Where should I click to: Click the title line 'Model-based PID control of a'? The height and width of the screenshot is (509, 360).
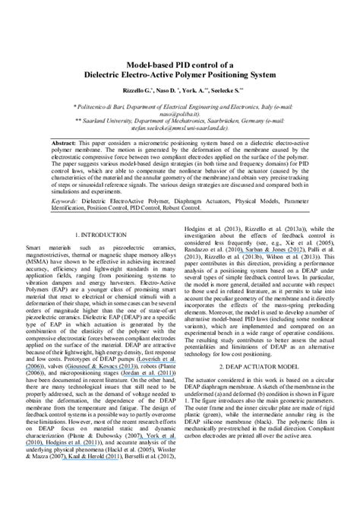[x=180, y=63]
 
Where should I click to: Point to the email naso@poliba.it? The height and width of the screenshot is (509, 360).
[x=179, y=115]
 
